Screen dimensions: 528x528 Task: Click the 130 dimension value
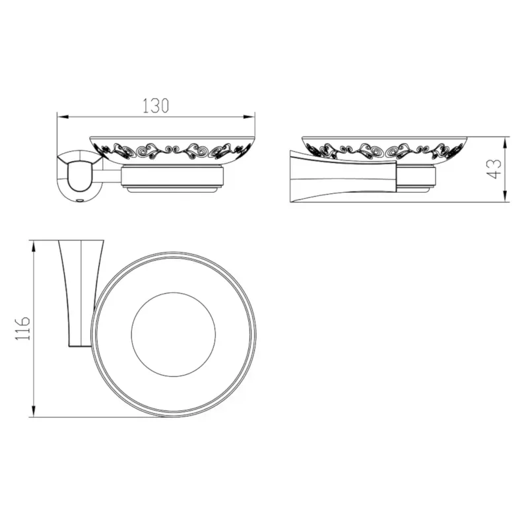156,106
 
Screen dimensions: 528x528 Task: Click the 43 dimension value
494,169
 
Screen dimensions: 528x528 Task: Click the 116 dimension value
22,328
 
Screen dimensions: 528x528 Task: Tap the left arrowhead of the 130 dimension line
63,117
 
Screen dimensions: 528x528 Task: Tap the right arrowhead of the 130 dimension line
249,117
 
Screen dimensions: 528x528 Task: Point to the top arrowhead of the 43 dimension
505,143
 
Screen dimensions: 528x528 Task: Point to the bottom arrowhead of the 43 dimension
505,196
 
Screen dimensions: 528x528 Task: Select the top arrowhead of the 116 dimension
34,246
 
